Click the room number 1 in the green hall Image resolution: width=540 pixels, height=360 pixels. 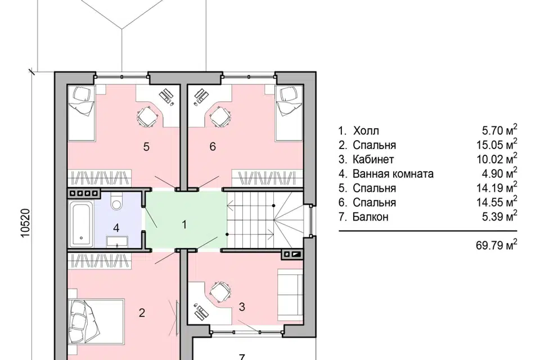click(x=184, y=224)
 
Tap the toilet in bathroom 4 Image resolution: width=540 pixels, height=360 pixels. click(x=116, y=201)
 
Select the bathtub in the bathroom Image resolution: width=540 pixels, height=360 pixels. click(x=82, y=224)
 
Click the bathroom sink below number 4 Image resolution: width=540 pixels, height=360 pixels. click(x=117, y=241)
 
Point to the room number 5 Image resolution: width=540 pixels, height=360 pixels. click(x=146, y=147)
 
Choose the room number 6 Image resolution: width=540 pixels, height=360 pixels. click(x=213, y=146)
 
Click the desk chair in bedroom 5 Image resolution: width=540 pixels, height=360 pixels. click(x=147, y=116)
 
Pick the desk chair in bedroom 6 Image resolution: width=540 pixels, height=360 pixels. click(x=219, y=116)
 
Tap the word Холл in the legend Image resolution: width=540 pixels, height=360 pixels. click(x=366, y=130)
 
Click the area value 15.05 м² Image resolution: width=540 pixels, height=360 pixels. click(x=497, y=144)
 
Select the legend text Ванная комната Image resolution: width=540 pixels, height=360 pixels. click(x=393, y=174)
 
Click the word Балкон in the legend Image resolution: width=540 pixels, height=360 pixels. click(x=371, y=217)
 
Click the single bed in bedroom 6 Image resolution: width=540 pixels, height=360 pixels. click(x=289, y=114)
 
